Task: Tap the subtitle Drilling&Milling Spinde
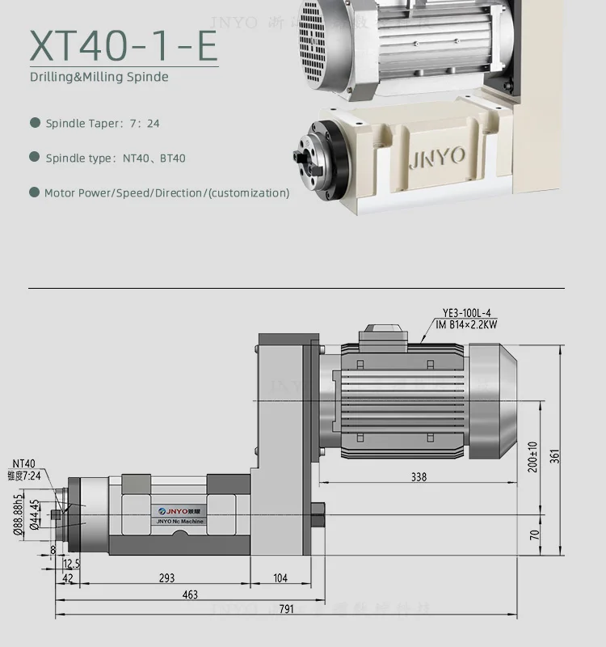tap(99, 78)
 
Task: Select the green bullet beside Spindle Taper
tap(35, 123)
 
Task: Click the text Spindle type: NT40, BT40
tap(116, 158)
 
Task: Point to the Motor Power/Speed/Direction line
tap(166, 192)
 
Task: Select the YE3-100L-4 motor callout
tap(466, 313)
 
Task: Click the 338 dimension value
tap(418, 477)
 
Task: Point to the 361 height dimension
tap(554, 456)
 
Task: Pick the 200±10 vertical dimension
tap(533, 457)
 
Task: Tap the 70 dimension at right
tap(533, 534)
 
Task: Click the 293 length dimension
tap(166, 578)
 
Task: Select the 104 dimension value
tap(280, 578)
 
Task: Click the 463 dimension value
tap(189, 594)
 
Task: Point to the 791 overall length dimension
tap(286, 609)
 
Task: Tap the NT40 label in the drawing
tap(23, 463)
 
